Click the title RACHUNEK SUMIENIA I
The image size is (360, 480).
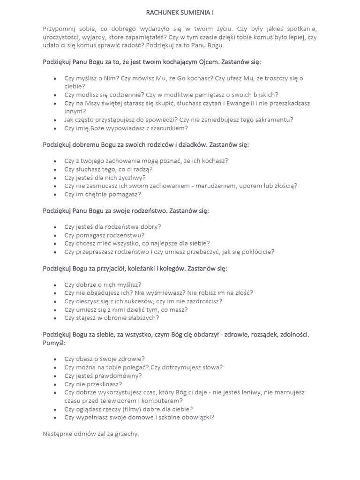[x=180, y=13]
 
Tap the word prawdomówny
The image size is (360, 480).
[x=119, y=376]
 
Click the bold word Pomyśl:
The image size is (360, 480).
[x=54, y=343]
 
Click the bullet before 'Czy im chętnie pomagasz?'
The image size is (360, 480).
[x=55, y=194]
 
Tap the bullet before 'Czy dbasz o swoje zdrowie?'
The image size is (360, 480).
[x=55, y=360]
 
